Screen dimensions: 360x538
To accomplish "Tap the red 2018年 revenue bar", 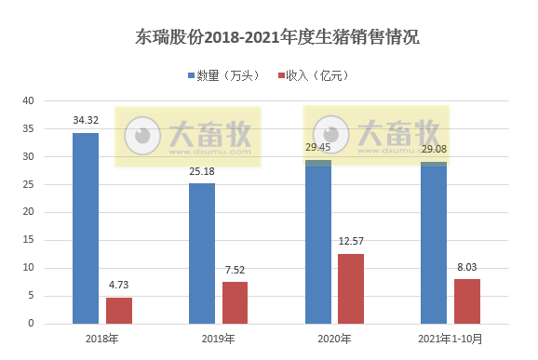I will (x=119, y=310).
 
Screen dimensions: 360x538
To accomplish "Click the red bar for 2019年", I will (x=235, y=302).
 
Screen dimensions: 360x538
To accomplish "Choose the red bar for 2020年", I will (x=352, y=288).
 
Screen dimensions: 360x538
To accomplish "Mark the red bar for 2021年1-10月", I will (x=468, y=300).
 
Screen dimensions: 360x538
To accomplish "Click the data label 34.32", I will (x=86, y=121).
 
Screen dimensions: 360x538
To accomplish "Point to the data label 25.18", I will (x=202, y=172).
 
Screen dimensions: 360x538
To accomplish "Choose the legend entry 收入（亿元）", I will (x=313, y=75).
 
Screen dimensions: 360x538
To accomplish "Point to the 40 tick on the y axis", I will (x=28, y=100).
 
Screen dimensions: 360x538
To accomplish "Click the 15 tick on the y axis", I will (x=28, y=240).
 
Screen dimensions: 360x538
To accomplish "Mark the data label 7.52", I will (x=235, y=271).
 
